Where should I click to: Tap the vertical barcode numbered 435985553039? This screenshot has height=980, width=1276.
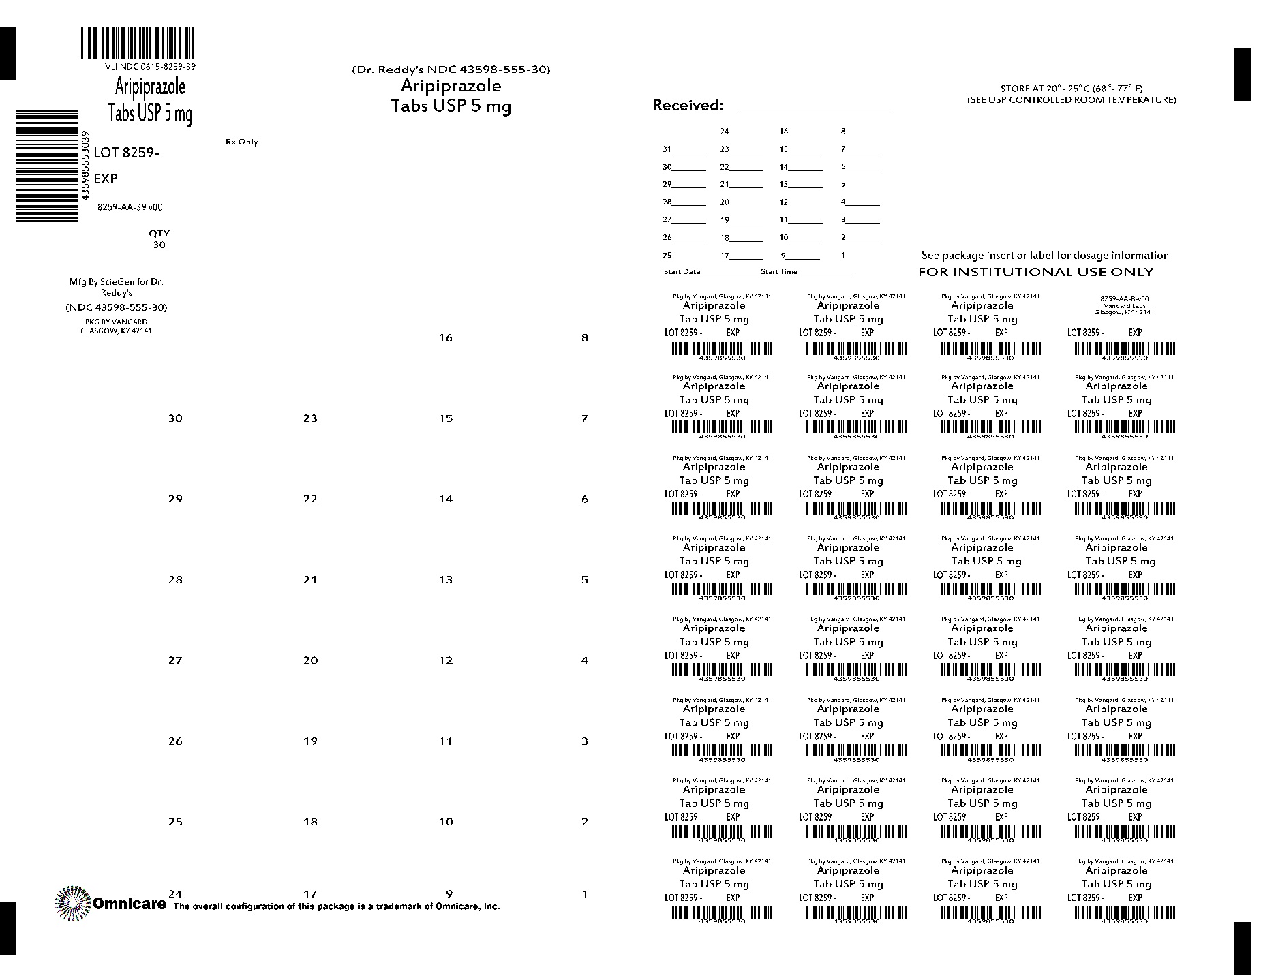pyautogui.click(x=47, y=165)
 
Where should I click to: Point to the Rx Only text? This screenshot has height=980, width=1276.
pyautogui.click(x=242, y=142)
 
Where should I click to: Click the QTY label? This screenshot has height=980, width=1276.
pyautogui.click(x=159, y=233)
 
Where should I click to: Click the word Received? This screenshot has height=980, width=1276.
pyautogui.click(x=688, y=105)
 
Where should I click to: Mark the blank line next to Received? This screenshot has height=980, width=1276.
pyautogui.click(x=816, y=108)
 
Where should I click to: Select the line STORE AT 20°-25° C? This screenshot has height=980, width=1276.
pyautogui.click(x=1072, y=88)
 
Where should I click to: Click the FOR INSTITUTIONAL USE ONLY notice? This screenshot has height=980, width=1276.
pyautogui.click(x=1036, y=272)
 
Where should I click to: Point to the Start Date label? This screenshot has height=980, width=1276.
pyautogui.click(x=682, y=271)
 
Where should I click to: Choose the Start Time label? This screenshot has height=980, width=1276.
pyautogui.click(x=779, y=271)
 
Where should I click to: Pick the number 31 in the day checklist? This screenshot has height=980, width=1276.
pyautogui.click(x=667, y=149)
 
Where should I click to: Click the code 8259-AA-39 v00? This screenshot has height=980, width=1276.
pyautogui.click(x=130, y=207)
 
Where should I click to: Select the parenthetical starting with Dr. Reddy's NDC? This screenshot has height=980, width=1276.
pyautogui.click(x=451, y=69)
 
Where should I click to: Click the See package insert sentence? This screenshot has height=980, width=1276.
pyautogui.click(x=1045, y=256)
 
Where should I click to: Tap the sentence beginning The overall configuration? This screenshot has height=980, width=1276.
pyautogui.click(x=337, y=906)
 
